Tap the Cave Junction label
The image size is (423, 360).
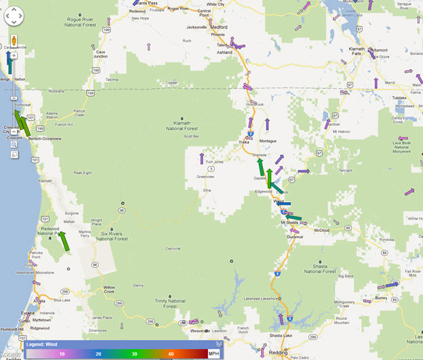point(101,54)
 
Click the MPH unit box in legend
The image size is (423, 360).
point(214,353)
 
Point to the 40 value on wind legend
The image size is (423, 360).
point(171,354)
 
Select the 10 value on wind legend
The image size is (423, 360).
point(62,354)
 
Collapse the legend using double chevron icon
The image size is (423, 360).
point(219,344)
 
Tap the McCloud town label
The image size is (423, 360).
point(322,229)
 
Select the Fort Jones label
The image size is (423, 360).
point(214,162)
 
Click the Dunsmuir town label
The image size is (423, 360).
point(295,236)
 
